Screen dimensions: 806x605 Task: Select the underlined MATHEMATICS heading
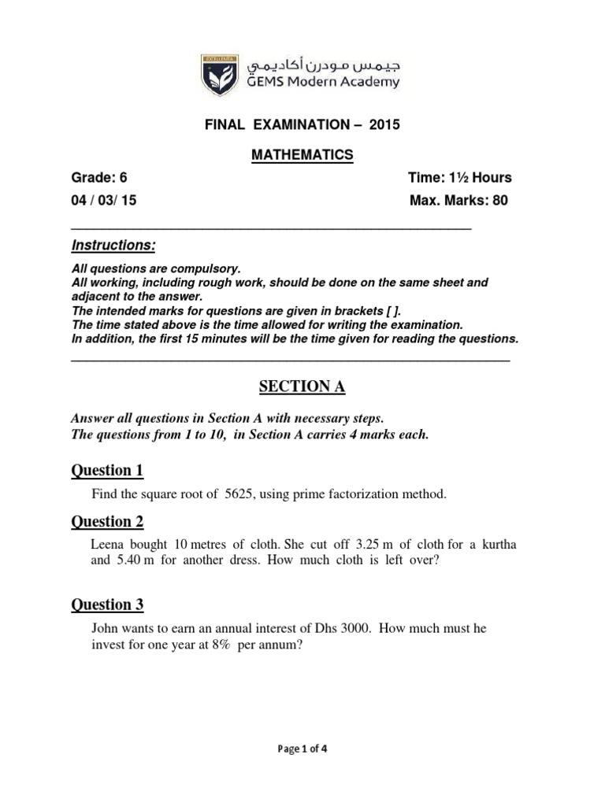coord(302,156)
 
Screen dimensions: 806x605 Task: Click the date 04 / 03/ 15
coord(104,200)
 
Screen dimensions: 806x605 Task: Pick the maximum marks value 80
coord(500,200)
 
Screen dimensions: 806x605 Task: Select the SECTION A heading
coord(302,386)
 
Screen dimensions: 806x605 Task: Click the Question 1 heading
coord(108,471)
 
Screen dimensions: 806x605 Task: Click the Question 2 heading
coord(108,521)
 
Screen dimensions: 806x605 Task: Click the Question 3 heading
coord(108,604)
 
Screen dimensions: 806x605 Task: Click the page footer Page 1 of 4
coord(302,749)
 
